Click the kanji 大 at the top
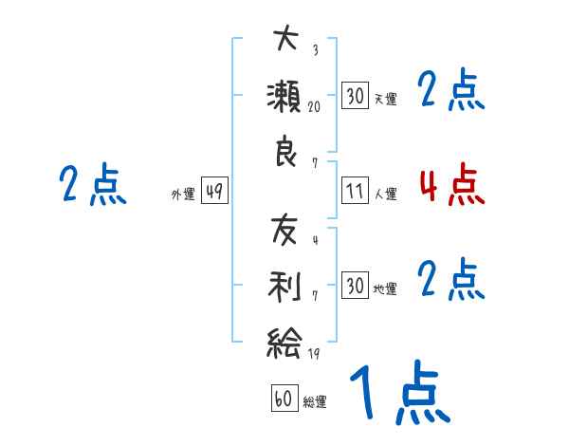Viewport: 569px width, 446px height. click(x=285, y=40)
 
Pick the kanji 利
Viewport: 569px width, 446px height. click(x=285, y=288)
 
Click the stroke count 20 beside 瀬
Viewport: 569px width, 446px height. click(x=314, y=107)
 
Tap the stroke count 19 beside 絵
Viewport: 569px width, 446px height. click(x=314, y=355)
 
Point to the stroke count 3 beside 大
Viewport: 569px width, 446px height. click(x=315, y=51)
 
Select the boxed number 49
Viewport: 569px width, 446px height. click(x=213, y=192)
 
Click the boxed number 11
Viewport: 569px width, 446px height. click(x=355, y=191)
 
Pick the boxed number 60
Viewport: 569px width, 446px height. click(x=284, y=399)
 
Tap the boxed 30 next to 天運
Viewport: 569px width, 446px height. click(x=355, y=95)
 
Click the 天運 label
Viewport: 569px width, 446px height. click(x=385, y=98)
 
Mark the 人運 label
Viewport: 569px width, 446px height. click(x=385, y=194)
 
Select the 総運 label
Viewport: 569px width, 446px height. click(x=315, y=401)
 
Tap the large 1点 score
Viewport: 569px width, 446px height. click(x=398, y=394)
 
